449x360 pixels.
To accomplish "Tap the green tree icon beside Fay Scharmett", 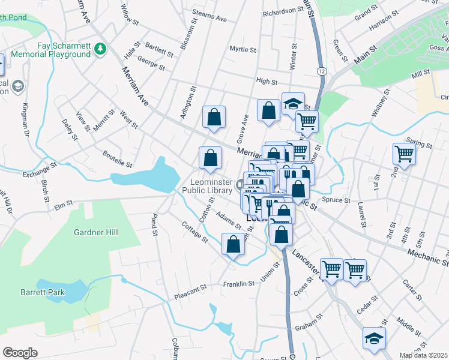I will [101, 47].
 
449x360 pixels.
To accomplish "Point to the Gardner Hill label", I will [96, 232].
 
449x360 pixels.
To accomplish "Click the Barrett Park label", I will [58, 292].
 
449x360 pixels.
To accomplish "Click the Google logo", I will [20, 353].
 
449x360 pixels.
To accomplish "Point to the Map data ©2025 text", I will [423, 355].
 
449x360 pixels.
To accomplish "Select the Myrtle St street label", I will [243, 50].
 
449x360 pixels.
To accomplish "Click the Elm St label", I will [63, 206].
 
